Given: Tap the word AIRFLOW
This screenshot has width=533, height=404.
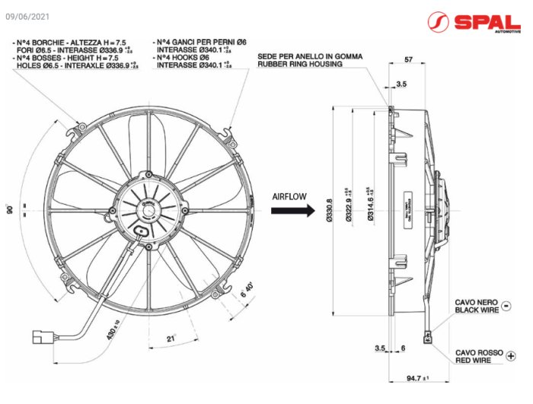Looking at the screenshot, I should pos(289,196).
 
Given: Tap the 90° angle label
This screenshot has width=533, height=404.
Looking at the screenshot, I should pos(11,210).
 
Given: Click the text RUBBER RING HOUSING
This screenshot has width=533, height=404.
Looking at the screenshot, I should pos(299,65).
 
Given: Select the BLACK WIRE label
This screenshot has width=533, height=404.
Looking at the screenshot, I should pos(477,310).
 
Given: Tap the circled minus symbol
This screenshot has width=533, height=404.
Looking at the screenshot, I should pos(506,306).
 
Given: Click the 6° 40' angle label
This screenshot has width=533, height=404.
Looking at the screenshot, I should pos(247,291).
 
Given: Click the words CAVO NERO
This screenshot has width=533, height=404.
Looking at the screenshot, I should pos(477,302).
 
